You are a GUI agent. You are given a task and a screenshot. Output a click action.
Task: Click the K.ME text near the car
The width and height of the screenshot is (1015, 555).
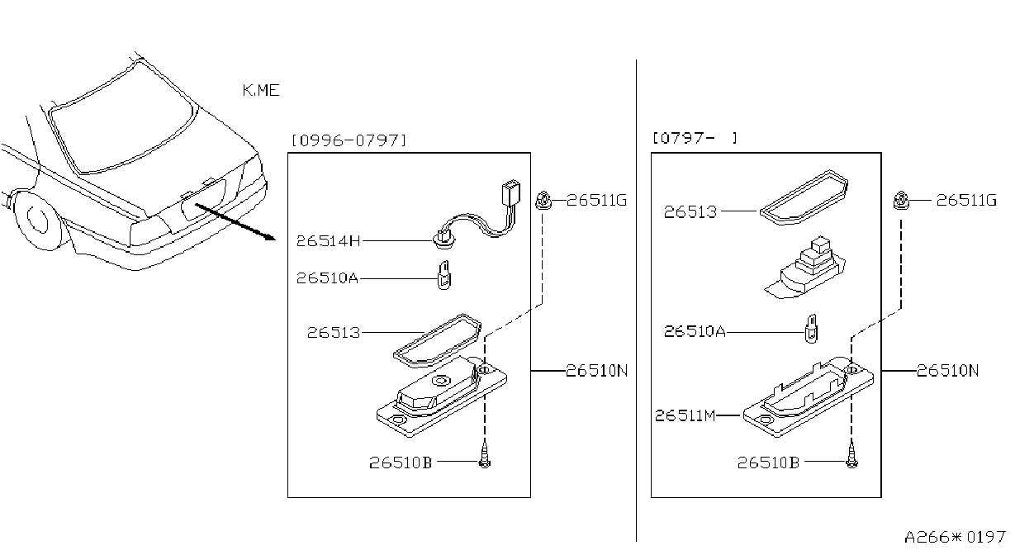coord(261,91)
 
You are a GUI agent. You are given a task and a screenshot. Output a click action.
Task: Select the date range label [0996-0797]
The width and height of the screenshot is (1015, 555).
coord(349,140)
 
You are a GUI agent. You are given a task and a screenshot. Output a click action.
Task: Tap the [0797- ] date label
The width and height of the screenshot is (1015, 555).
coord(695,138)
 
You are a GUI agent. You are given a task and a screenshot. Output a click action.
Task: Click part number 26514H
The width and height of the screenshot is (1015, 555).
coord(328,240)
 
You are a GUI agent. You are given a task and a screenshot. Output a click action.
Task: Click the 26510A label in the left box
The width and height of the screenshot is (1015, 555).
coord(327,277)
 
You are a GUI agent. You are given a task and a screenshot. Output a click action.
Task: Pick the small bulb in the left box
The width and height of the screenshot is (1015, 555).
coord(444,276)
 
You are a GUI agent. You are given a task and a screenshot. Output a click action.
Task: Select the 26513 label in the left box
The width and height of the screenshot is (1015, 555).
coord(334,333)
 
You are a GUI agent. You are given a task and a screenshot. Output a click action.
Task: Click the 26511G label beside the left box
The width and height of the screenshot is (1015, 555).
coord(596,200)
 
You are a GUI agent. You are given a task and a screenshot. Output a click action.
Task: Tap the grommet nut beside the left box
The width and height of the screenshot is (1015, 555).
coord(543,201)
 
